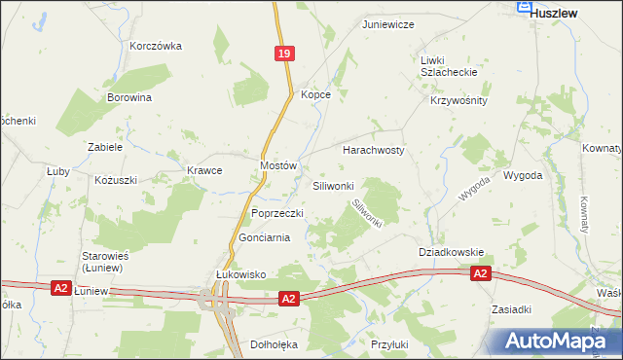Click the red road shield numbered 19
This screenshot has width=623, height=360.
[x=283, y=56]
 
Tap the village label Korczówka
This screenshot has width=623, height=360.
[x=156, y=46]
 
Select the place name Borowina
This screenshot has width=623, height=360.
[x=129, y=97]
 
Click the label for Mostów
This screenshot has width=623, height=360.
[x=277, y=166]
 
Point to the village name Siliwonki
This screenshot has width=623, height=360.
[x=339, y=185]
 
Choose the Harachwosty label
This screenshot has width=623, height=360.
[x=373, y=151]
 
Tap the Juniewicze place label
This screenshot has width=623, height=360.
[x=388, y=23]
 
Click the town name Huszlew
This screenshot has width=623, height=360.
[x=555, y=14]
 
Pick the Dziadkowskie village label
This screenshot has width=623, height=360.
[x=451, y=251]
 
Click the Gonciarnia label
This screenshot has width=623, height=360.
[x=264, y=238]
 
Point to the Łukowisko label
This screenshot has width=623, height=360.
[x=240, y=275]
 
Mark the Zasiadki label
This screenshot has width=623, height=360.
[x=511, y=309]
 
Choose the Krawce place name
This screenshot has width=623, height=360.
[x=204, y=170]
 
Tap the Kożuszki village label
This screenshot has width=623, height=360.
[x=116, y=180]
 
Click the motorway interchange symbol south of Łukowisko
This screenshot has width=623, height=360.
[x=215, y=305]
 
